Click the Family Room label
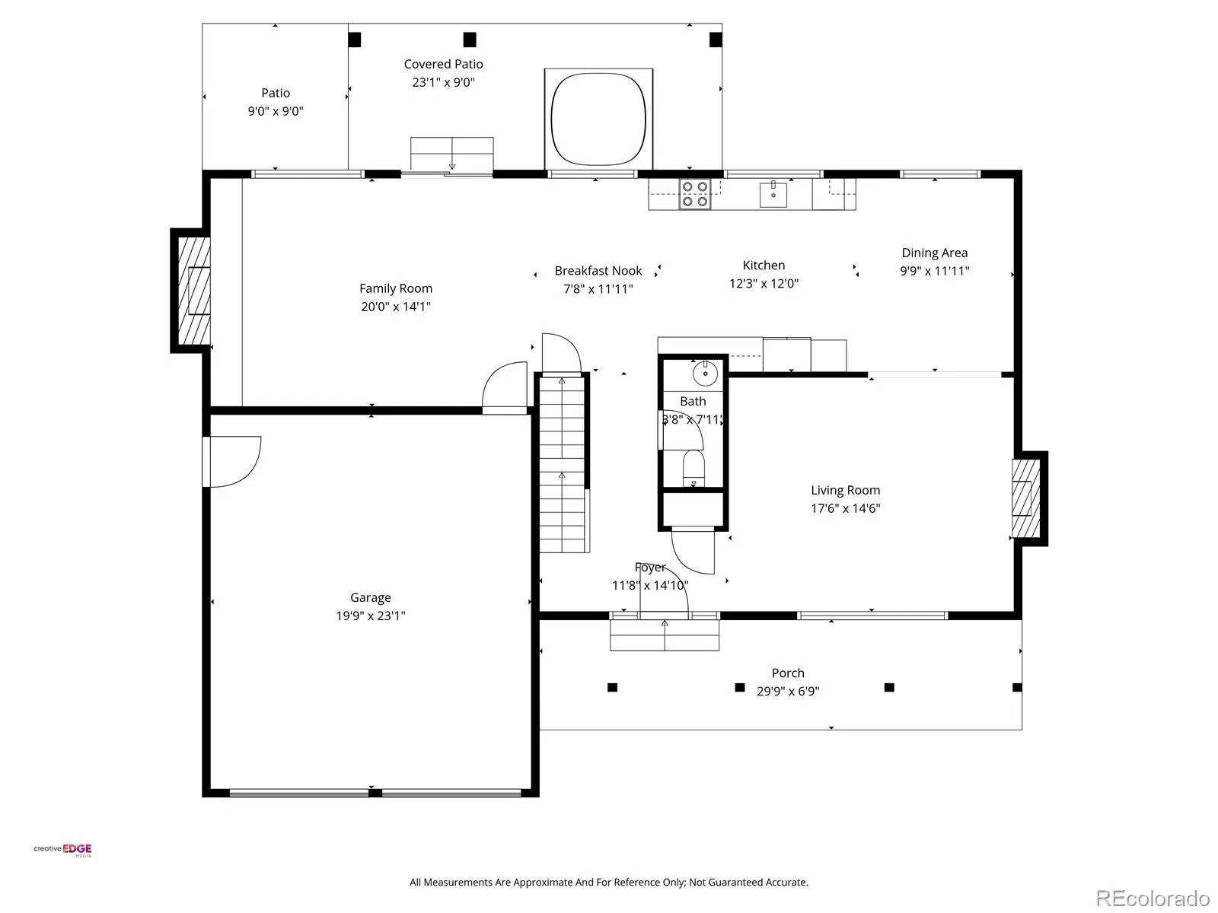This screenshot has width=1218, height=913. point(396,288)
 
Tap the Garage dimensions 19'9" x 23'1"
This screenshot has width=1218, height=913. point(371,616)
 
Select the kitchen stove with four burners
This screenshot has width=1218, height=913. point(695,194)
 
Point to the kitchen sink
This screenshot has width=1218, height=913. point(773,194)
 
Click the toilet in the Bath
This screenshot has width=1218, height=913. point(693,469)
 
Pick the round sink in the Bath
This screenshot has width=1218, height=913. point(705,373)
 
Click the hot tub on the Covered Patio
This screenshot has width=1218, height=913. point(598,119)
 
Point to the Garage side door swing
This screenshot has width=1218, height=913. point(232,462)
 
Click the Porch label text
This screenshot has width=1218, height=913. point(788,673)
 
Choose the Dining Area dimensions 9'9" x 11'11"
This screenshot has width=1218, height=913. point(935,271)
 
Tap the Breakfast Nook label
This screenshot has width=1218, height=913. point(598,271)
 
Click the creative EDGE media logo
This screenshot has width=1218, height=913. point(62,851)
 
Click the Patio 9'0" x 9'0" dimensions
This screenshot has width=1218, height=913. point(276,111)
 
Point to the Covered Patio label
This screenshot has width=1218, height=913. point(443,65)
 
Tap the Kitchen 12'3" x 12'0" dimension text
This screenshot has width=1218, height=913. point(764,283)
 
